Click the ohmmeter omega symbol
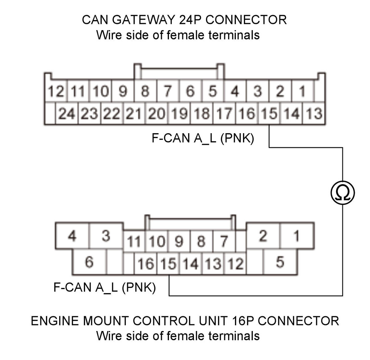[x=343, y=193]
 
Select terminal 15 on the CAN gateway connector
[x=269, y=113]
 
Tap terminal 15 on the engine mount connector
[x=168, y=264]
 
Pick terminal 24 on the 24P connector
[x=67, y=113]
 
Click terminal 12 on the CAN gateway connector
[x=56, y=91]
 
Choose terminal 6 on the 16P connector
[x=89, y=262]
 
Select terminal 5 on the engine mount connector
[x=280, y=262]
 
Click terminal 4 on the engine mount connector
[x=72, y=236]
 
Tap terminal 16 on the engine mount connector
[x=146, y=264]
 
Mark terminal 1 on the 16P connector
[x=297, y=236]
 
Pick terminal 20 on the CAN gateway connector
[x=157, y=113]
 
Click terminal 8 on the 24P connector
[x=145, y=91]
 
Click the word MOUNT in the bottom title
[x=106, y=321]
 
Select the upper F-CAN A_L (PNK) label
[x=203, y=138]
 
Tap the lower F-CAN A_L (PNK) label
[x=105, y=287]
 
